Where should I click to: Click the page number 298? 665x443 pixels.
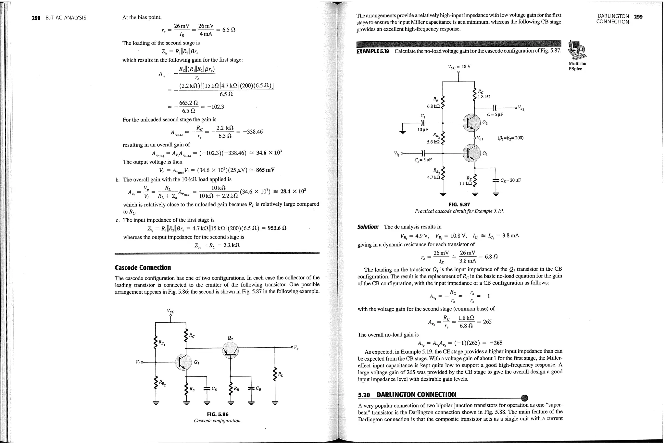click(36, 18)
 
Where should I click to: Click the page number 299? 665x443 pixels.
click(638, 17)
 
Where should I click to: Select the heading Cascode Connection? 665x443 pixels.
click(143, 267)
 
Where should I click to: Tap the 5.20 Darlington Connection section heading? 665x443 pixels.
click(407, 395)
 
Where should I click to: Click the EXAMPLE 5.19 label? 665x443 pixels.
click(372, 51)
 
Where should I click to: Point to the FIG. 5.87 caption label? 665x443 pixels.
click(459, 204)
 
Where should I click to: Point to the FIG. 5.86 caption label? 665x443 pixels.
click(218, 414)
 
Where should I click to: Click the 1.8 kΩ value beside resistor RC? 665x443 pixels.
click(484, 97)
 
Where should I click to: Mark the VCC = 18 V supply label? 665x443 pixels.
click(459, 67)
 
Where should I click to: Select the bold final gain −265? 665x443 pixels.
click(496, 343)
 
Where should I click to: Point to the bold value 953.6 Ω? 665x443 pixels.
click(277, 228)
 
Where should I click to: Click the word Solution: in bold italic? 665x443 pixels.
click(368, 227)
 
